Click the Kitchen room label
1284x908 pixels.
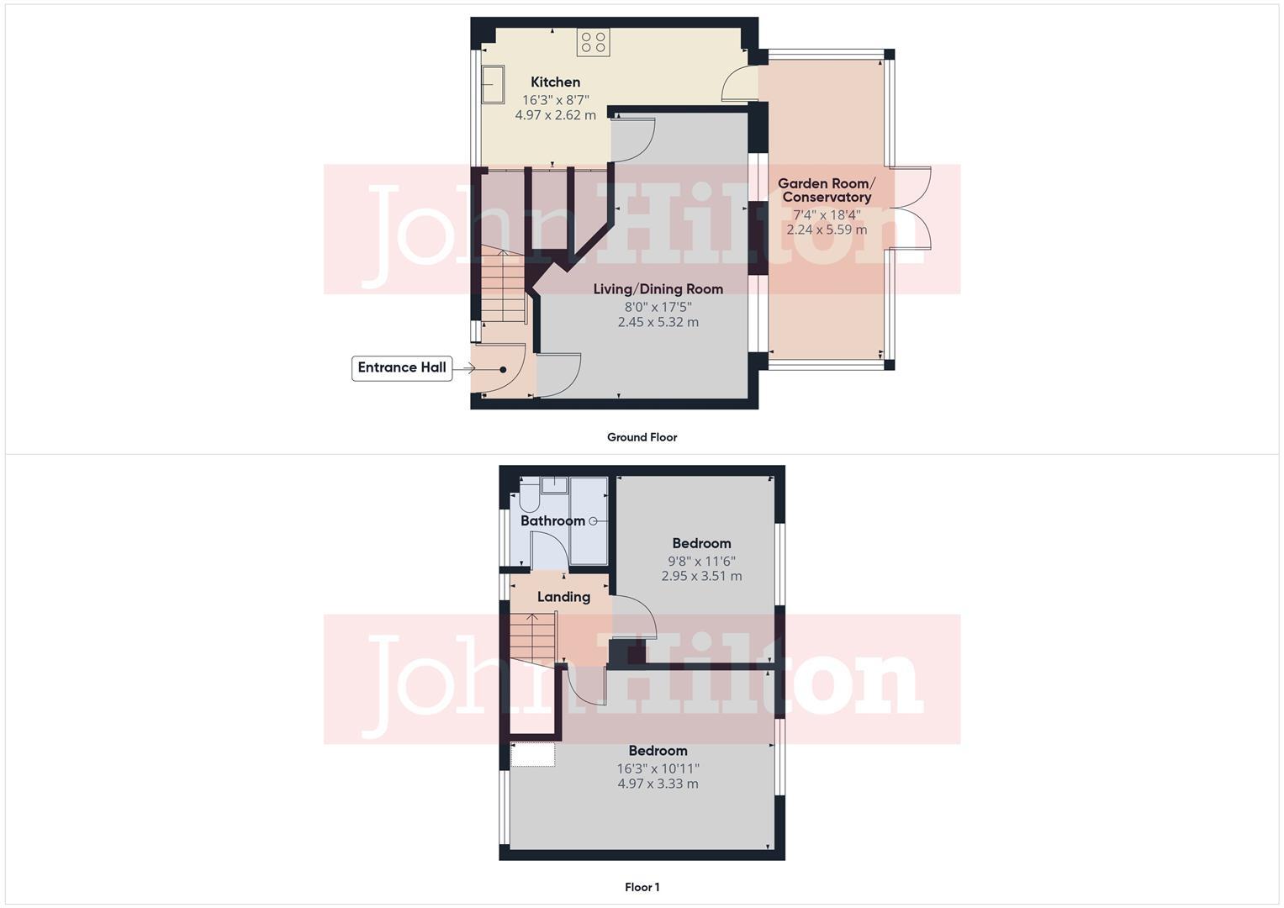point(555,82)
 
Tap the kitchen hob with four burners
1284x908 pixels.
point(593,43)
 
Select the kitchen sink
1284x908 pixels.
point(492,85)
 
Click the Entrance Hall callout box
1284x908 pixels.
point(402,367)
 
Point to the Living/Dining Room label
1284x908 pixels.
point(658,289)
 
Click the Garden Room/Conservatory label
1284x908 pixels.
point(826,190)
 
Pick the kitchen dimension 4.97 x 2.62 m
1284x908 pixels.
point(555,115)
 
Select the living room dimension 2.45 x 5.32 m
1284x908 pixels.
point(658,322)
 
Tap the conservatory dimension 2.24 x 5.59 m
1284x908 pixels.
point(826,230)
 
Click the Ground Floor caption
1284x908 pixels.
point(642,437)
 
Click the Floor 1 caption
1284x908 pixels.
point(642,887)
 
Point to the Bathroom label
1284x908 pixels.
point(552,521)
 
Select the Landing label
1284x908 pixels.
point(563,597)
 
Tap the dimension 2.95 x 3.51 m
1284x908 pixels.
point(701,577)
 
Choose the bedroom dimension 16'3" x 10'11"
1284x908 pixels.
point(658,768)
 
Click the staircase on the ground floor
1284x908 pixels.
point(502,286)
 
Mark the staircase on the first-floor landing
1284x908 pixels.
point(532,637)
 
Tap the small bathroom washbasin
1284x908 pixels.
point(554,484)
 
